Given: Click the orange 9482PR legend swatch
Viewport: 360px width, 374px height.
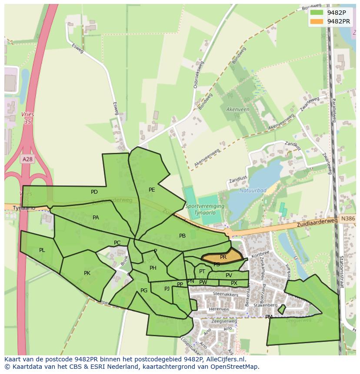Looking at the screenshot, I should point(316,21).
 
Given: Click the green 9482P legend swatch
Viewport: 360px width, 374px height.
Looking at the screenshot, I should point(316,13).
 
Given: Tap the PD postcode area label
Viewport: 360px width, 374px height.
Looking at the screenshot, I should point(94,192).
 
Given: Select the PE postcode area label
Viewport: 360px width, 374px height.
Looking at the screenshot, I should point(152,190).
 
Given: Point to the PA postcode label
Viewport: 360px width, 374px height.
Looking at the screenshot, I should point(96,218).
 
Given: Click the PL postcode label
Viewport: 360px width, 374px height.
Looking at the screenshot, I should point(42,250).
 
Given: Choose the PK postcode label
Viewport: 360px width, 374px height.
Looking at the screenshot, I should point(87,273).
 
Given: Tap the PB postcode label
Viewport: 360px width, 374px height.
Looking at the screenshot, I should point(182,236).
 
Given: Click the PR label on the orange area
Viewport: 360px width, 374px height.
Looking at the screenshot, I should point(223,257).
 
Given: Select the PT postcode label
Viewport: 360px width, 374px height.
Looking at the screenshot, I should point(202,271).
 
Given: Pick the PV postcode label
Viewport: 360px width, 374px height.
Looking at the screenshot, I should point(229,275).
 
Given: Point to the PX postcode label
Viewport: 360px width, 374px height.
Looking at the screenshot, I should point(234,283).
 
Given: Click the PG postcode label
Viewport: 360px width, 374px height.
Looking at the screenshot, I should point(144,291).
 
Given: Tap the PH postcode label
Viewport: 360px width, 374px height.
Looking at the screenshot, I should point(153,268).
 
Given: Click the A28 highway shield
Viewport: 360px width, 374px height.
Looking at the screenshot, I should point(27,159).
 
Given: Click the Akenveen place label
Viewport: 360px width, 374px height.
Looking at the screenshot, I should point(238,109).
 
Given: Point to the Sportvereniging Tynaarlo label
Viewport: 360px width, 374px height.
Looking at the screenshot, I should point(204,209).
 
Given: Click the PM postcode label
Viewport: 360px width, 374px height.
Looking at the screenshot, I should point(269,317).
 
